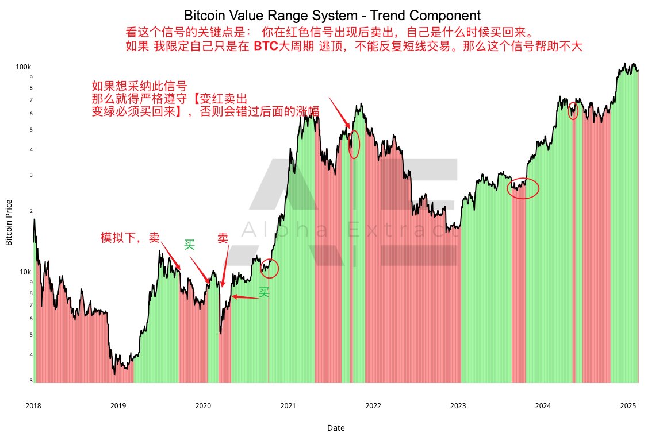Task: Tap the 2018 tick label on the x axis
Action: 33,406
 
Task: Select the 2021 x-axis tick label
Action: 288,406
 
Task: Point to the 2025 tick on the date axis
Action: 628,406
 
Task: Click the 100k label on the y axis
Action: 24,67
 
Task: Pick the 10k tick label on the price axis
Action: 25,272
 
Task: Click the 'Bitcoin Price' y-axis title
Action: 9,222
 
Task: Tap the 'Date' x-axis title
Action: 336,428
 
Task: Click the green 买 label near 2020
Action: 190,245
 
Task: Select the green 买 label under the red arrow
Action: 264,292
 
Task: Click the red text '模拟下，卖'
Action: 130,238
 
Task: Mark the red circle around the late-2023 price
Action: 523,188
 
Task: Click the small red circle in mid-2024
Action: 573,111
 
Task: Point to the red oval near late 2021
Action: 354,144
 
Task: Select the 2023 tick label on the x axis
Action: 458,406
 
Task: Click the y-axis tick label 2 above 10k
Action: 30,211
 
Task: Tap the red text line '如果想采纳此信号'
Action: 139,86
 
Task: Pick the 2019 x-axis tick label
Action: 118,406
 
